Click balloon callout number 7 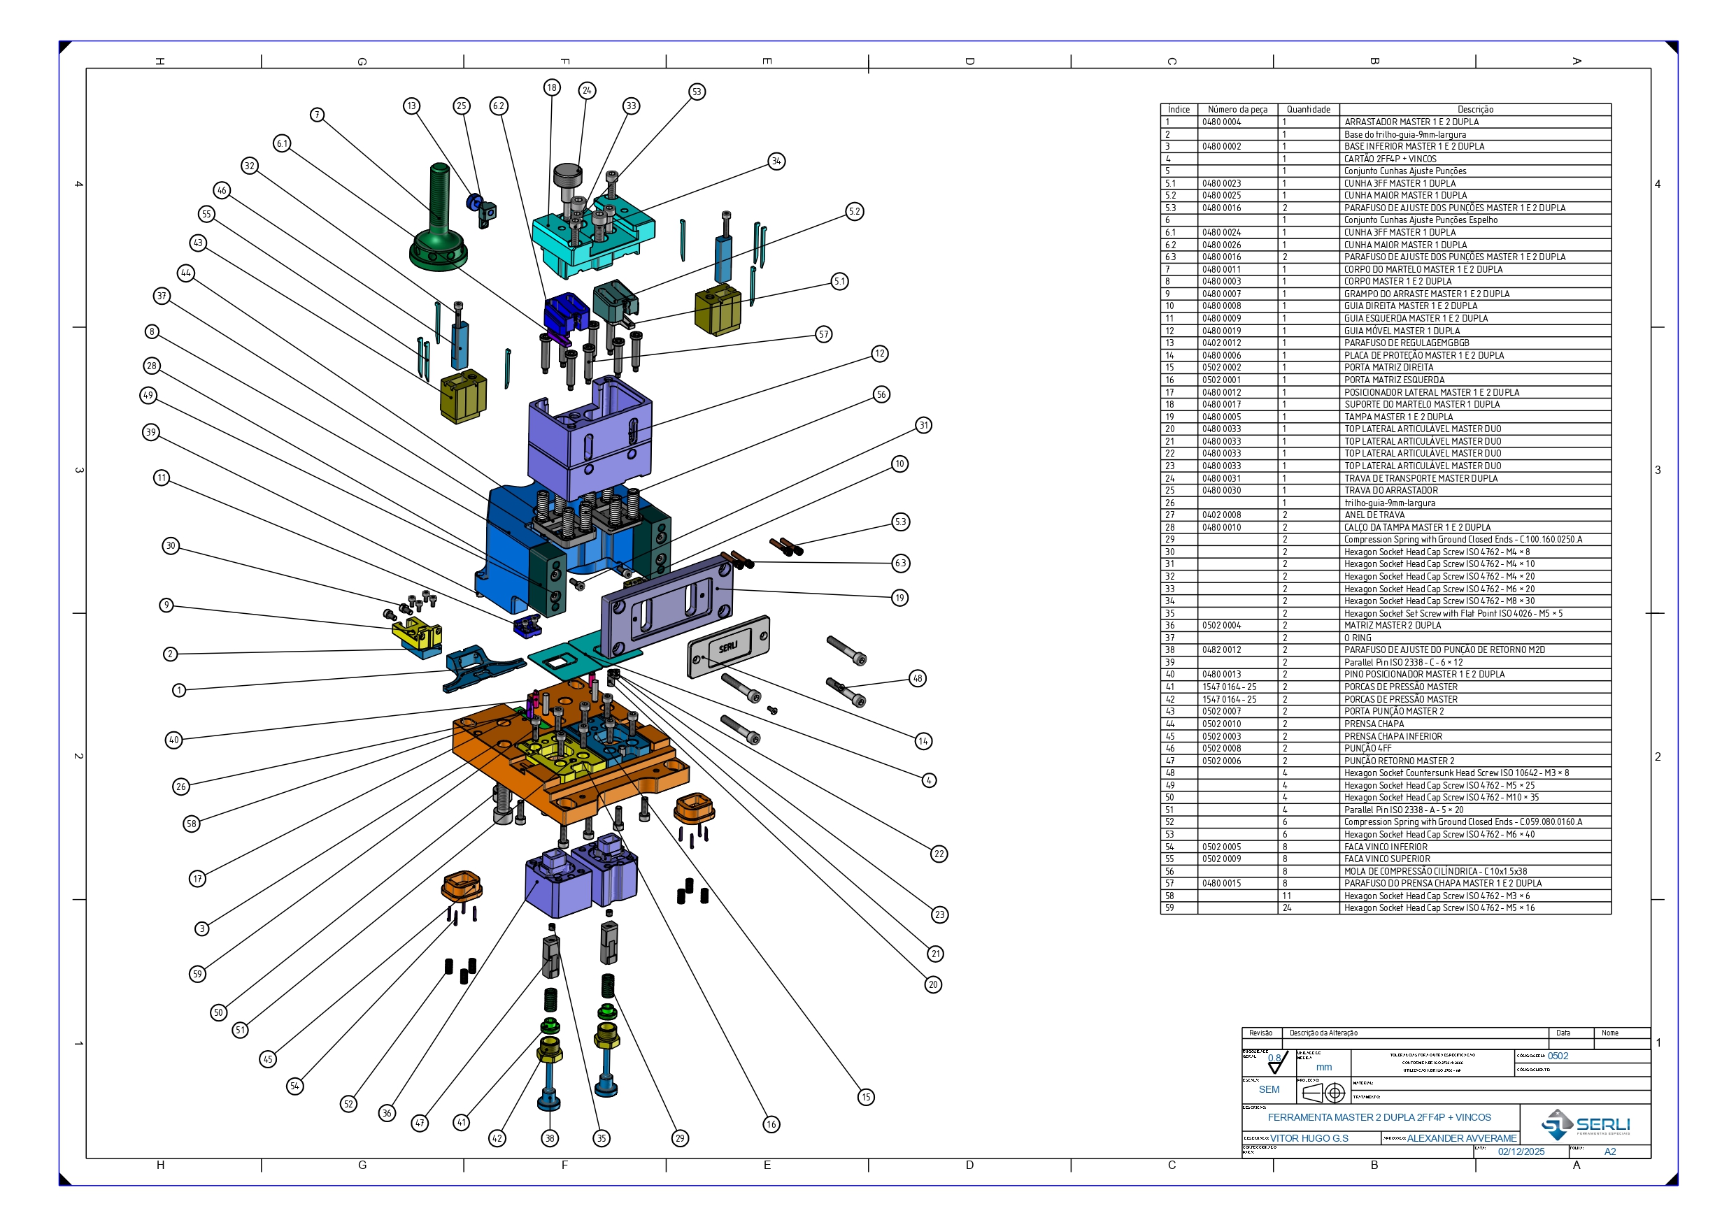click(x=318, y=115)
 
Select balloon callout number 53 click(x=697, y=92)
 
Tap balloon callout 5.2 click(x=855, y=212)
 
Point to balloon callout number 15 click(x=866, y=1097)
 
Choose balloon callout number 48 click(x=917, y=678)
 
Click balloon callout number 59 click(x=197, y=974)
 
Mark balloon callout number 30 click(x=171, y=546)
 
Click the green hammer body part click(x=439, y=227)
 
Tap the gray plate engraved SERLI click(x=728, y=647)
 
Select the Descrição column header click(x=1474, y=110)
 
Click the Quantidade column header click(x=1308, y=110)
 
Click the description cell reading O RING click(x=1357, y=638)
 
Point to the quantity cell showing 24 click(x=1287, y=908)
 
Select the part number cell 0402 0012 click(x=1221, y=343)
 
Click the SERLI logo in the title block click(x=1586, y=1125)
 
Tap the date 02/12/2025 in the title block click(x=1521, y=1152)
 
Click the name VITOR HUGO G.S click(x=1309, y=1138)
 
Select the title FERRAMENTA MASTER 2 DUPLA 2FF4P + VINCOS click(x=1379, y=1117)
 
